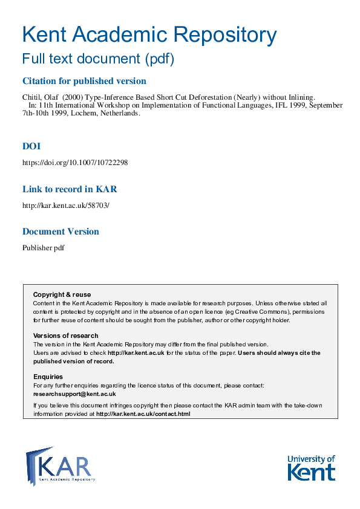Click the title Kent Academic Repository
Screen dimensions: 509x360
(x=149, y=35)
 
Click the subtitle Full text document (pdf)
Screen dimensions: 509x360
(x=98, y=59)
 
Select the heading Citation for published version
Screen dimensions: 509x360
(x=84, y=81)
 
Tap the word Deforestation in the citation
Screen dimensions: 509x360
(x=223, y=97)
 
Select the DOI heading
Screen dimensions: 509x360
(x=31, y=146)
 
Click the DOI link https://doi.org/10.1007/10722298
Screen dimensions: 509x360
(x=75, y=163)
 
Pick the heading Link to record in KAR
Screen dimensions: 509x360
(x=70, y=189)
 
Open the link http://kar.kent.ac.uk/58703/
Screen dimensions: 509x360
(x=66, y=205)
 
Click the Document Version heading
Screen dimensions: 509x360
(x=61, y=232)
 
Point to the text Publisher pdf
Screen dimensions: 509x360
(x=44, y=247)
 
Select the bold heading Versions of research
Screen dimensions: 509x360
(x=65, y=336)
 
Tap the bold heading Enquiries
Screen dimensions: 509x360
(x=48, y=377)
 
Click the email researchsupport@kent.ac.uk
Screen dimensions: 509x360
(x=74, y=394)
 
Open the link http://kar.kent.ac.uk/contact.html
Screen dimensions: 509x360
(x=143, y=414)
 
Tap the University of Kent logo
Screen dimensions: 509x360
(x=310, y=467)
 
